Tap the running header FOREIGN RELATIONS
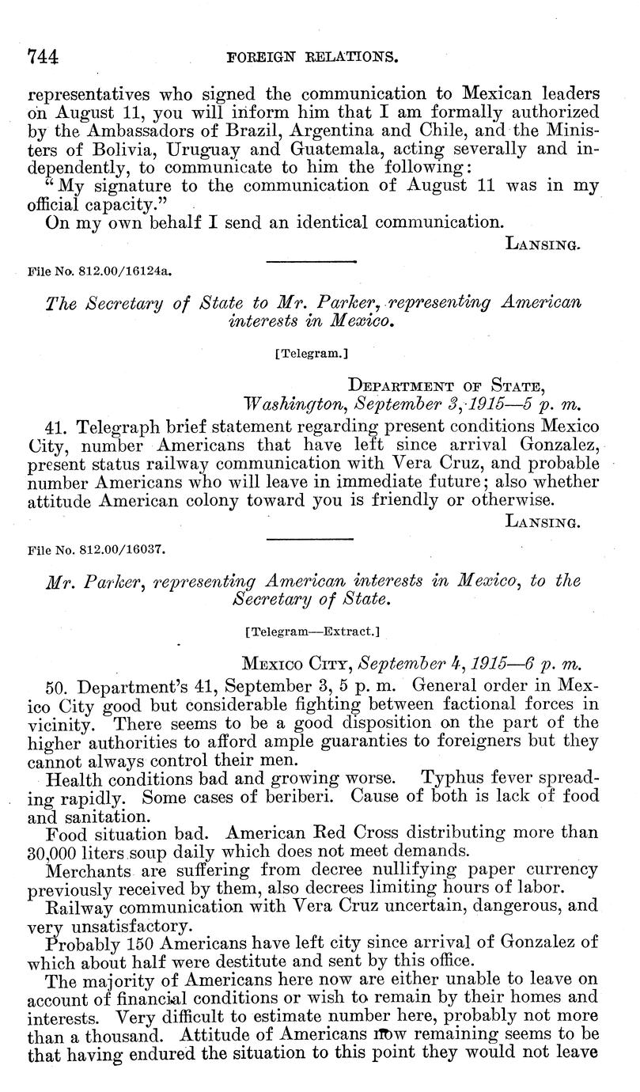(x=311, y=58)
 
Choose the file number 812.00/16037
(x=96, y=546)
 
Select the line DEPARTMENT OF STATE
(x=446, y=386)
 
